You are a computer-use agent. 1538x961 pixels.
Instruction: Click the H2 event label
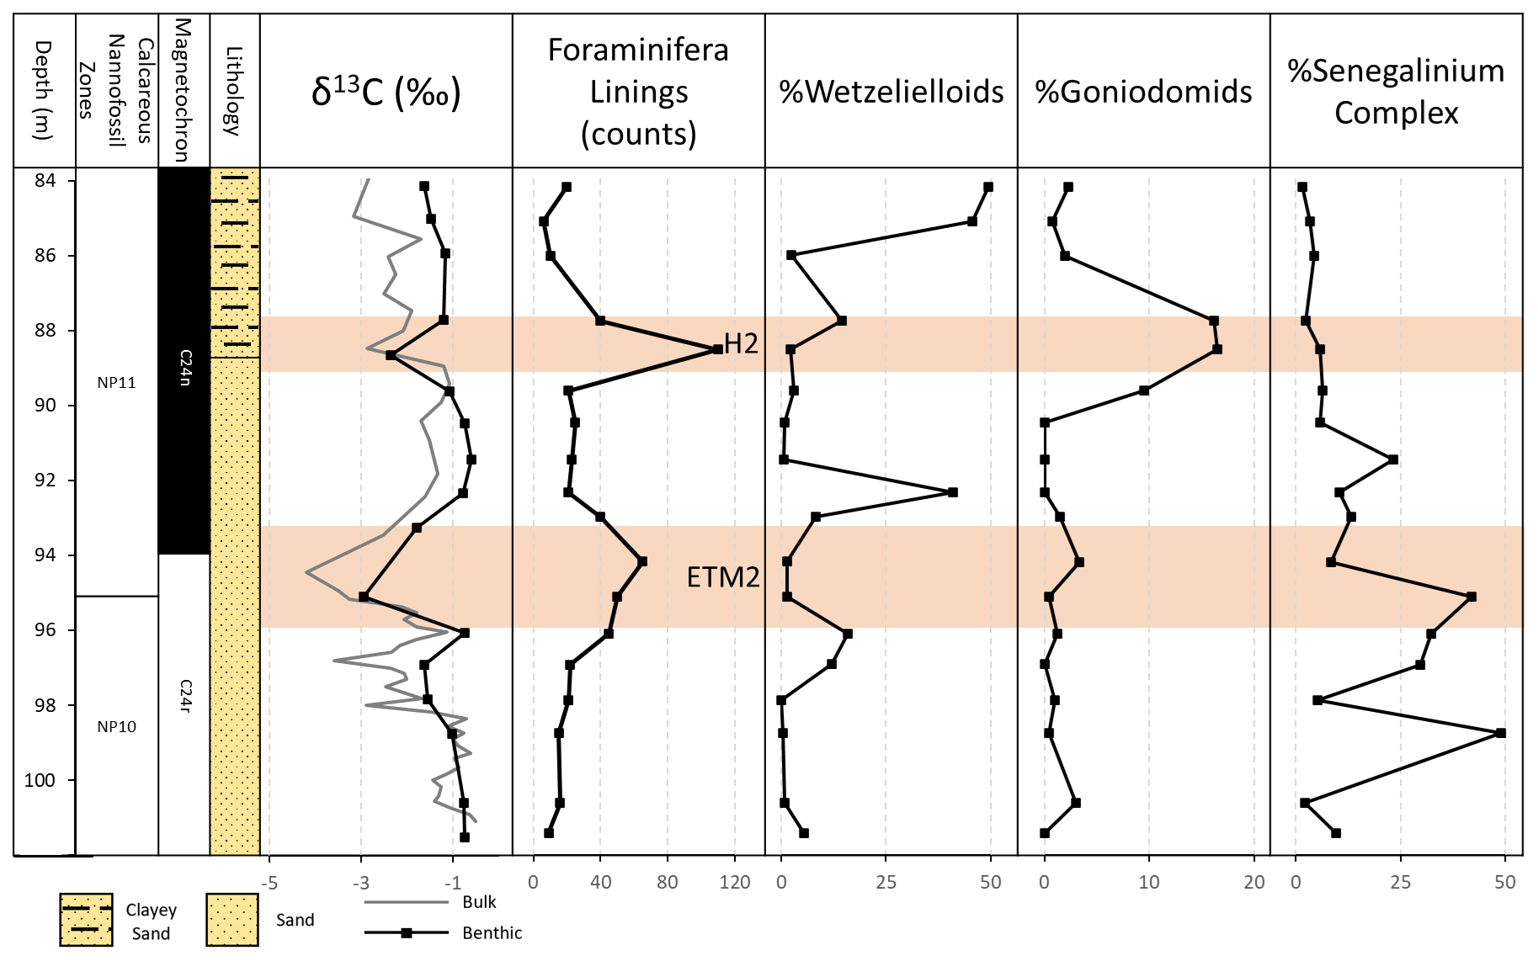[741, 343]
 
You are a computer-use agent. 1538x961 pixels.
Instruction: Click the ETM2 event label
[723, 577]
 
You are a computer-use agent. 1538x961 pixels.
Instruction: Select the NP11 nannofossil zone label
[116, 383]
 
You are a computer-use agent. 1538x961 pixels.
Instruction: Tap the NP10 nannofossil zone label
[116, 727]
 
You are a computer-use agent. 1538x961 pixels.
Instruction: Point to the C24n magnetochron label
[185, 368]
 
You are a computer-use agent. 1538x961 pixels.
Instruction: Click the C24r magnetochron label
[185, 696]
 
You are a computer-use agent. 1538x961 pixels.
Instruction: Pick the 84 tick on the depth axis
[45, 180]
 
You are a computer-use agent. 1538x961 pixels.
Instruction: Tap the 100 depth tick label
[40, 780]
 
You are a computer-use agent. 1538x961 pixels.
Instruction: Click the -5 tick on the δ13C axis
[269, 883]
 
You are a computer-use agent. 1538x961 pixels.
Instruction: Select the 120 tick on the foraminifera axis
[735, 883]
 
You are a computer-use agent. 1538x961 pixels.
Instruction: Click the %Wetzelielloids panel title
[891, 92]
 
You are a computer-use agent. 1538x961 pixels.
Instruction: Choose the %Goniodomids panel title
[1144, 92]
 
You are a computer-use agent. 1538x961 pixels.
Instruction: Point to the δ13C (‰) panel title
[386, 92]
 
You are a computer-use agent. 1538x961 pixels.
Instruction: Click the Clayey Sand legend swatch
[86, 920]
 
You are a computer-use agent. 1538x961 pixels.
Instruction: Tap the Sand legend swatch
[232, 920]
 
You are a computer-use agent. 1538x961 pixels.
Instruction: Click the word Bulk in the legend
[479, 902]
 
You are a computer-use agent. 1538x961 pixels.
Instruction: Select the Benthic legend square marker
[407, 932]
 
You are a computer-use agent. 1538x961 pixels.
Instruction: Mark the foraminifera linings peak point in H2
[717, 348]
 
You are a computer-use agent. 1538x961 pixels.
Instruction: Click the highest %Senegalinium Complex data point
[1500, 733]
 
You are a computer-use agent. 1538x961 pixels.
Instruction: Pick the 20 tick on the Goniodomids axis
[1254, 883]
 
